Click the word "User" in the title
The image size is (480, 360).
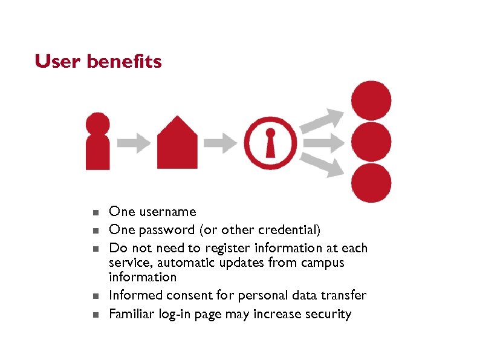click(58, 62)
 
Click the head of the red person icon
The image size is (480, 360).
click(97, 124)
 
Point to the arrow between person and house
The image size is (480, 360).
click(134, 143)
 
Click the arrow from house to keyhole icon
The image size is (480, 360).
click(221, 143)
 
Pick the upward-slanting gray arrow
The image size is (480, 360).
click(323, 120)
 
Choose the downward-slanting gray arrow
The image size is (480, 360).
click(323, 165)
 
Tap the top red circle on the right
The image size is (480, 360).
click(371, 100)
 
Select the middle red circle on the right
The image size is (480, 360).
click(371, 142)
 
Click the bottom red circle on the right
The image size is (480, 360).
click(371, 183)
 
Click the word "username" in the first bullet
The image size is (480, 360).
click(167, 212)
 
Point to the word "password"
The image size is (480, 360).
click(161, 230)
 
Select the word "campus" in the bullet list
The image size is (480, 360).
click(323, 263)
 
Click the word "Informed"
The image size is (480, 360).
click(134, 295)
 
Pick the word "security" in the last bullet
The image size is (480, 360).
click(329, 314)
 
